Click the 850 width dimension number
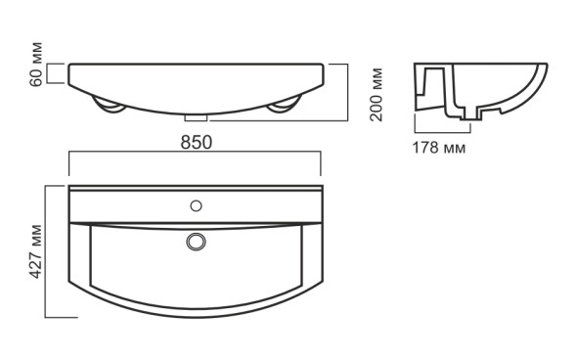[197, 143]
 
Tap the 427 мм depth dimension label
[35, 251]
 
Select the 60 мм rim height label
[36, 65]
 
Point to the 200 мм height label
[377, 95]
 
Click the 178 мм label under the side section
[439, 148]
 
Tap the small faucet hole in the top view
[197, 205]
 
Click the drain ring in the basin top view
[197, 242]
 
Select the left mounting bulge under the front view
[108, 105]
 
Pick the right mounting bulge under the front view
[285, 105]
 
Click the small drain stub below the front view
[196, 117]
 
